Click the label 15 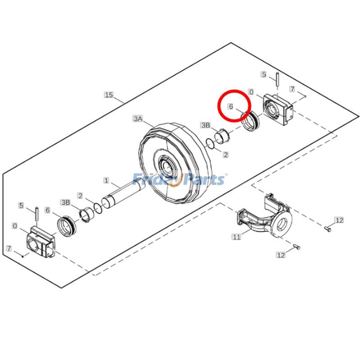[108, 95]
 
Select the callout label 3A [138, 119]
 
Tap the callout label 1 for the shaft [106, 180]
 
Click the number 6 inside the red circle [230, 107]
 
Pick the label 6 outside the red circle [48, 210]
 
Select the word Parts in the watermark [203, 180]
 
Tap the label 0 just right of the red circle [252, 92]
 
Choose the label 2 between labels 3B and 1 [80, 196]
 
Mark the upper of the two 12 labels [339, 220]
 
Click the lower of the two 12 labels [281, 255]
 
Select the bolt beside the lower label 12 [296, 247]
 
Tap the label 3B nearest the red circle [206, 125]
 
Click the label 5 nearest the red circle [264, 74]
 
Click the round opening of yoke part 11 [283, 223]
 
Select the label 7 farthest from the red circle [8, 248]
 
